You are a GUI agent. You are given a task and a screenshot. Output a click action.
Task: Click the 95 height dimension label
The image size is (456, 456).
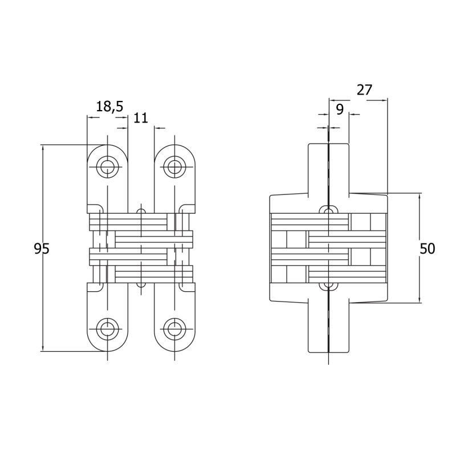[42, 249]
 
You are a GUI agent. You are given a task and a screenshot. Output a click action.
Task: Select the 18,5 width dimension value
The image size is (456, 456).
[109, 107]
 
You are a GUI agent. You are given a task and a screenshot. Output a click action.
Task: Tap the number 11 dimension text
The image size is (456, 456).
[141, 118]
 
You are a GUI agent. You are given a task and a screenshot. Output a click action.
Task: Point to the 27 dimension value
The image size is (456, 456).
[364, 90]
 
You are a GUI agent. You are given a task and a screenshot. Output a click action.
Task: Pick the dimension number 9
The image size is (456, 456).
[340, 109]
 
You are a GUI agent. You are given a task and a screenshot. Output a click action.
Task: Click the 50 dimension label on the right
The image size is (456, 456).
[427, 249]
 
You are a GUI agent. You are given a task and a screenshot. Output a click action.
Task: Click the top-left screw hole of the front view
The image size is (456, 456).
[108, 167]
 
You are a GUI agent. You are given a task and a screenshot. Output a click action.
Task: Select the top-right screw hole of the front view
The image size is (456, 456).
[174, 167]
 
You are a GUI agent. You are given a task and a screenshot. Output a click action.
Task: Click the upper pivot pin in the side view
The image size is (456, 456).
[329, 210]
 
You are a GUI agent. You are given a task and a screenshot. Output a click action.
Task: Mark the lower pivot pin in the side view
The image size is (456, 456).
[329, 287]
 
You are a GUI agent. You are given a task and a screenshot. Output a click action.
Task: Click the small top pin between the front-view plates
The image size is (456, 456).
[141, 210]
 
